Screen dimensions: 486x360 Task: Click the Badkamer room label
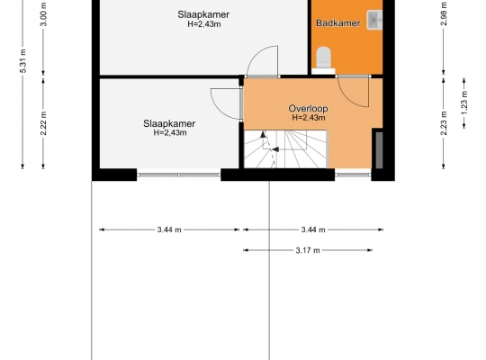pos(337,22)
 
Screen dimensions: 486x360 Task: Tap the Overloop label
pos(308,109)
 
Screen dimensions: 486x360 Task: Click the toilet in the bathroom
pos(324,58)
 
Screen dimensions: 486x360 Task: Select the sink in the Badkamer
pos(374,20)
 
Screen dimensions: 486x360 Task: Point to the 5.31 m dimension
pos(23,61)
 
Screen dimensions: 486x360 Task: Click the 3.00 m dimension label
pos(44,14)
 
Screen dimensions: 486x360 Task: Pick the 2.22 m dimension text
pos(43,123)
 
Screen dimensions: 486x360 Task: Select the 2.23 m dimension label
pos(444,123)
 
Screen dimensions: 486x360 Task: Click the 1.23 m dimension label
pos(464,103)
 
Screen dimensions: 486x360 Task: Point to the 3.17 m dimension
pos(308,250)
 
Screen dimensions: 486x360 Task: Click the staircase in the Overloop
pos(285,149)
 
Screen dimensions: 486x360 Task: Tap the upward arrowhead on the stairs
pos(263,134)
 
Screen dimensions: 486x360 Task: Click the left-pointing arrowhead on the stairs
pos(275,149)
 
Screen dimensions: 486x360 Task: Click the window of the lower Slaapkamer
pos(178,175)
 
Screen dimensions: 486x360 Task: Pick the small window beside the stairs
pos(353,175)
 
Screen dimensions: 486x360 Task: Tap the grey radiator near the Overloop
pos(379,150)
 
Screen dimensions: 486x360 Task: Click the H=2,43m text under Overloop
pos(309,118)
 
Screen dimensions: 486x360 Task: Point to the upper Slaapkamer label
pos(203,14)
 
